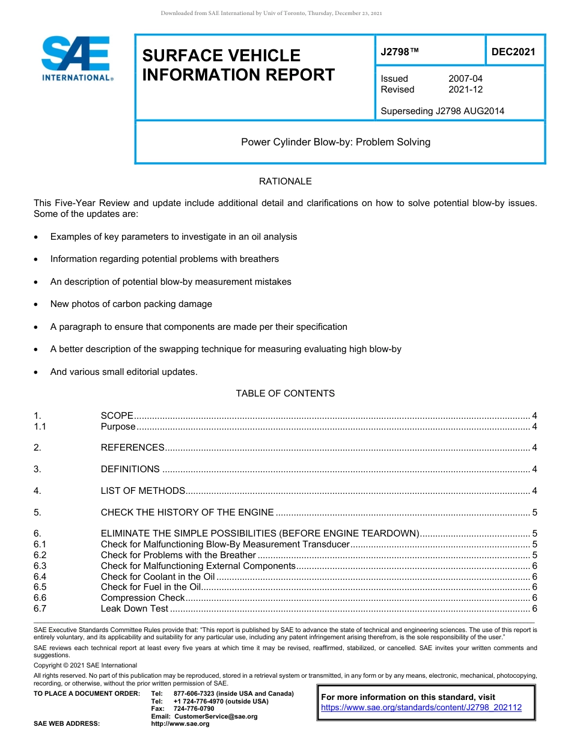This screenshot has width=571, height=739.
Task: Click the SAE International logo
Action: (77, 58)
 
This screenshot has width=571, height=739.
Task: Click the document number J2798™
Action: (400, 52)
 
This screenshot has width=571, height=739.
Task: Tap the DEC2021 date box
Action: (513, 52)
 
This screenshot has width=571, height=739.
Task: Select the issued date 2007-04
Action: (465, 79)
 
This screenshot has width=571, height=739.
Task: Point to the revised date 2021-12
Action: (465, 90)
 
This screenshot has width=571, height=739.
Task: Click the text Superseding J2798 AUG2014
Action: (442, 111)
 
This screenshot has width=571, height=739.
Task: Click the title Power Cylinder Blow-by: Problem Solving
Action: (335, 142)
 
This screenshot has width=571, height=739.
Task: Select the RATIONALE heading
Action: (285, 181)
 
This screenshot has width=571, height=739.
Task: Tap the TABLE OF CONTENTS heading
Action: (285, 394)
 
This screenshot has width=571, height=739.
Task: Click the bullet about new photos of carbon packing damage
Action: (131, 304)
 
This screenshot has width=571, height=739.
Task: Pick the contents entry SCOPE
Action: (117, 416)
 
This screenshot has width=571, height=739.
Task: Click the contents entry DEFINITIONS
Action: (130, 469)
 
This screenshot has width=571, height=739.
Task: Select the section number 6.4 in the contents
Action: (40, 576)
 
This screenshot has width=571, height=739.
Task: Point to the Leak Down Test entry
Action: (134, 609)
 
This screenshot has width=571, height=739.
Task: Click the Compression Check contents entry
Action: (142, 598)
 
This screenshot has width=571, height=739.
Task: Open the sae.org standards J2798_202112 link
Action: (421, 708)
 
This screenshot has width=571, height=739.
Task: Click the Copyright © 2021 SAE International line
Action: (85, 665)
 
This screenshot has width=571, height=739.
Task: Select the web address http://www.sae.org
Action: (180, 724)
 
